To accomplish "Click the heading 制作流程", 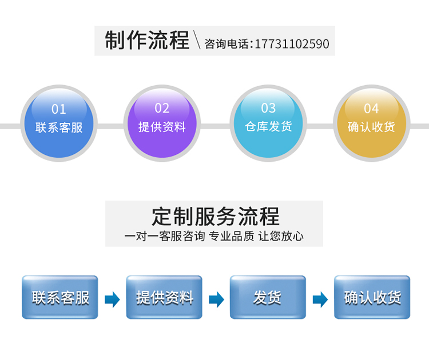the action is pos(147,41).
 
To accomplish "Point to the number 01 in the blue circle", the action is pos(59,109).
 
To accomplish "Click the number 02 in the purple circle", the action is pos(162,108).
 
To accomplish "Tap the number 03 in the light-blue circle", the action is pos(268,108).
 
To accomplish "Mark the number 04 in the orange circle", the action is pos(371,108).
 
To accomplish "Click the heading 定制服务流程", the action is pos(215,217).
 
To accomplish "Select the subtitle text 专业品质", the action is pos(231,236).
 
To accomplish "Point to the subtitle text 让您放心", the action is pos(281,236).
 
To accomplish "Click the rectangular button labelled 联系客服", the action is pos(60,297).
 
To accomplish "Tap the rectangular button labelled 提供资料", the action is pos(164,297).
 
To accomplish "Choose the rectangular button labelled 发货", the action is pos(268,297).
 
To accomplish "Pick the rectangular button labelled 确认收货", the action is pos(372,297).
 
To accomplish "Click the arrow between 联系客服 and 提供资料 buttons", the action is pos(112,299).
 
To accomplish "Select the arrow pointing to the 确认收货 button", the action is pos(320,299).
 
